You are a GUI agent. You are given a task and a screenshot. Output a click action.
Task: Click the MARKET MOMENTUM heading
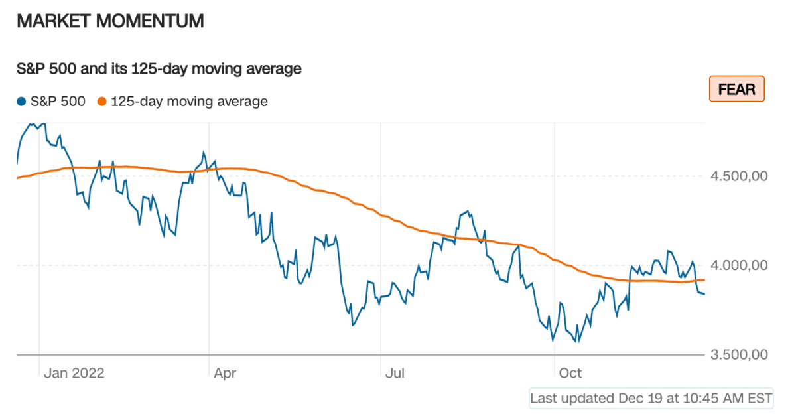110,21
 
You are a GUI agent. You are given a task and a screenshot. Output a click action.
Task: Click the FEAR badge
737,89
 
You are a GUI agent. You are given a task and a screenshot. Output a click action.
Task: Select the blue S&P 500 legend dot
22,102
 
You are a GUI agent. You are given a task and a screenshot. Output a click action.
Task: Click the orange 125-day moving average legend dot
101,102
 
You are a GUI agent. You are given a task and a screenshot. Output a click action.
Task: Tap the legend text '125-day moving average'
189,102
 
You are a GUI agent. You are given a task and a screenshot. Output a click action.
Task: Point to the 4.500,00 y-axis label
739,176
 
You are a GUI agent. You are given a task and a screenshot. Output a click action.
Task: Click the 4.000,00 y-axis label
739,265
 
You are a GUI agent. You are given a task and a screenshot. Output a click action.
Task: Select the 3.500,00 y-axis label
739,354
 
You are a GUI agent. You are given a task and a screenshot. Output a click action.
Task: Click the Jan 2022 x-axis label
74,373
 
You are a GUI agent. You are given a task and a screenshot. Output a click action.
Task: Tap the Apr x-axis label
225,373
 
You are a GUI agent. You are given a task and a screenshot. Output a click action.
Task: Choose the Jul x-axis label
395,373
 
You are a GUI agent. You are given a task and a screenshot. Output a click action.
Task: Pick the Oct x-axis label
570,373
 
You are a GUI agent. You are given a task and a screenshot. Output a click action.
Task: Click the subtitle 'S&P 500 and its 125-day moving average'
159,68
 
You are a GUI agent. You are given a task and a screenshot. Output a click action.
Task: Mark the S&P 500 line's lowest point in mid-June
353,325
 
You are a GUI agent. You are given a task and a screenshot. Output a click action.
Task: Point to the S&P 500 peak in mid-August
468,212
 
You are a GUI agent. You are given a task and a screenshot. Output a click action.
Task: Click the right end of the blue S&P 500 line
704,293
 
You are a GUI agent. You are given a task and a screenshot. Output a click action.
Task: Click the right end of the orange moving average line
704,280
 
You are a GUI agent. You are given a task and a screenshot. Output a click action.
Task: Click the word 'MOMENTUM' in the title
150,21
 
